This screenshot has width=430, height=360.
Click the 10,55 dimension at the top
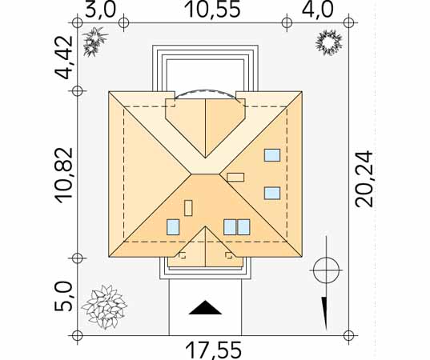[x=213, y=9]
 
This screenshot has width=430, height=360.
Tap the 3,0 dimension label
[x=101, y=10]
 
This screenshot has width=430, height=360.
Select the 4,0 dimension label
[x=318, y=10]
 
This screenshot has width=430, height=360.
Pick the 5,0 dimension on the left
[x=64, y=297]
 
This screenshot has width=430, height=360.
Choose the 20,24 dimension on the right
[x=364, y=179]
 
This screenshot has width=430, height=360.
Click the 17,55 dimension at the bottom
[x=213, y=350]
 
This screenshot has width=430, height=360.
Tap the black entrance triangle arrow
[x=205, y=308]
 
